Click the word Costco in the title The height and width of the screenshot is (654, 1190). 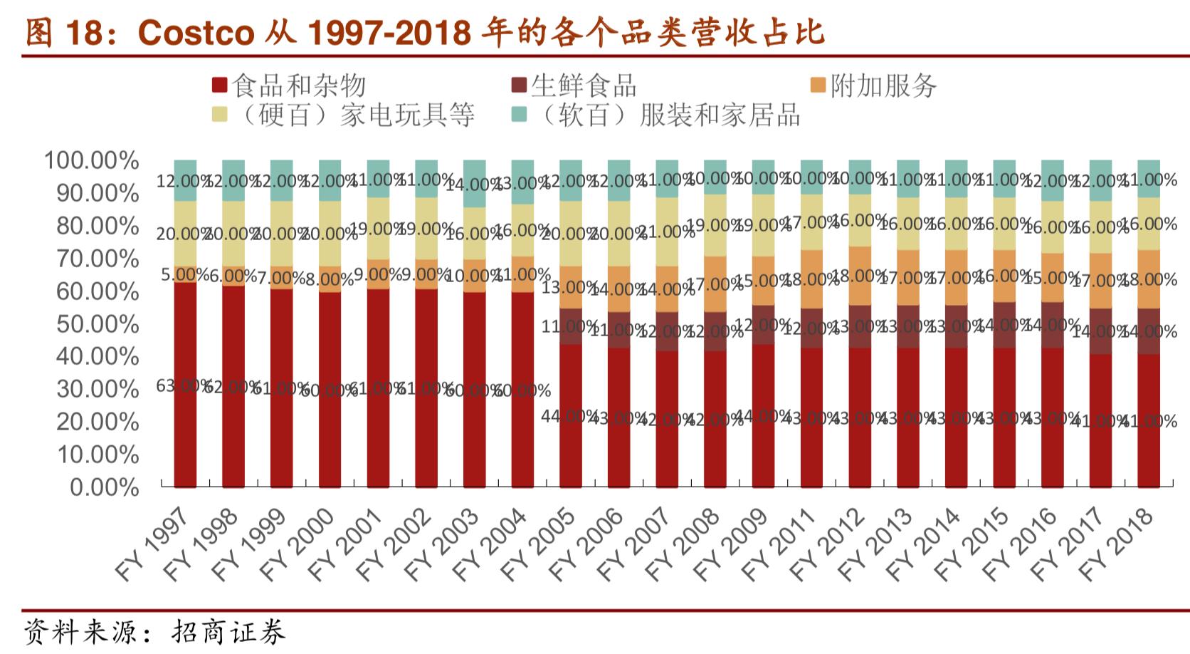tap(195, 33)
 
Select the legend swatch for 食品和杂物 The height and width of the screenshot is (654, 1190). tap(219, 86)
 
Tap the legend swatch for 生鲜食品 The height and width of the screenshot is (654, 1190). tap(520, 86)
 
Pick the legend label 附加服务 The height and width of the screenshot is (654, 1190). tap(883, 86)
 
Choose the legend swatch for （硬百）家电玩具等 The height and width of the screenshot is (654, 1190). tap(219, 114)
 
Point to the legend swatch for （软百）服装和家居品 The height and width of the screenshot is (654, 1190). tap(520, 114)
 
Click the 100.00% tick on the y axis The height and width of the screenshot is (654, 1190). tap(92, 161)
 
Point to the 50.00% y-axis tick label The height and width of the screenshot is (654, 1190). tap(98, 324)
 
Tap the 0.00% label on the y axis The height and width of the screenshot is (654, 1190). tap(105, 487)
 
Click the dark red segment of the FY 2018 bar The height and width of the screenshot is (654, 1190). tap(1148, 456)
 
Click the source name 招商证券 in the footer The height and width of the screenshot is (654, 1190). tap(228, 632)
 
